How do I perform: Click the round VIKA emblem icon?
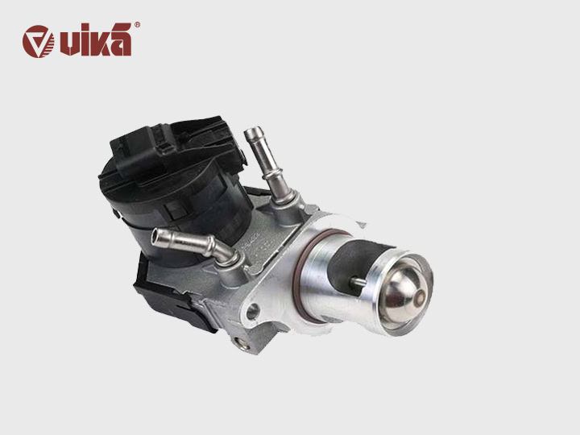pyautogui.click(x=38, y=41)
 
